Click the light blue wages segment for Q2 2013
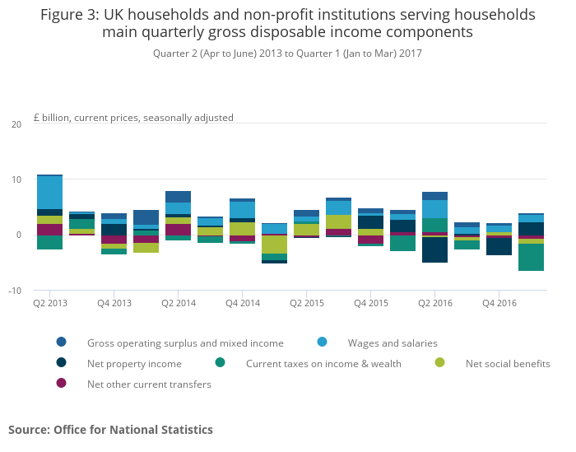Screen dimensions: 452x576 [x=49, y=193]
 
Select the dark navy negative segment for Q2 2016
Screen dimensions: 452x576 [x=434, y=249]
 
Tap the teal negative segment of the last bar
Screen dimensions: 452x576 [x=531, y=257]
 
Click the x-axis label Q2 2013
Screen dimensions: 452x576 [x=49, y=303]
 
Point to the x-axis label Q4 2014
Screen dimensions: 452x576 [x=242, y=303]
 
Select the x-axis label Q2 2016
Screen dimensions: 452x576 [x=434, y=303]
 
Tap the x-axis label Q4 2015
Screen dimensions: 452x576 [x=370, y=303]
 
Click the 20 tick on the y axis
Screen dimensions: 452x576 [x=16, y=124]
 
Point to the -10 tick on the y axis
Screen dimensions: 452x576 [x=16, y=291]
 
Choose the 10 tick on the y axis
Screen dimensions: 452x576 [x=16, y=179]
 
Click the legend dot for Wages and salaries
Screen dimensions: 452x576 [x=322, y=342]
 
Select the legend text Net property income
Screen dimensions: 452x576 [x=134, y=363]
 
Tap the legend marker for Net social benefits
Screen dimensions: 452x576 [x=439, y=363]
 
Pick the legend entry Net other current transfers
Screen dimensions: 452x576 [x=149, y=384]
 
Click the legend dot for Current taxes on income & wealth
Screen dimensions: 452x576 [x=220, y=363]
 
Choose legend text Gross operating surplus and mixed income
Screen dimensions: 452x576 [x=185, y=342]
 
